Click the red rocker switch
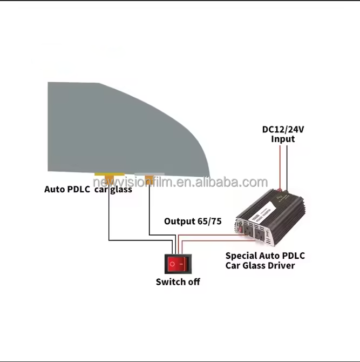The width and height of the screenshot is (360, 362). click(x=179, y=264)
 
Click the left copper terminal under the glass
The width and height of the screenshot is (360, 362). click(x=108, y=177)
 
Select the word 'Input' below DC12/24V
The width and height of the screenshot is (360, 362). click(x=282, y=139)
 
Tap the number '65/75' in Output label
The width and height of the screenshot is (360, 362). click(x=210, y=221)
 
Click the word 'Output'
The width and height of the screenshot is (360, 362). click(x=180, y=221)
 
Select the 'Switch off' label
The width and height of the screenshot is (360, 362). click(x=178, y=282)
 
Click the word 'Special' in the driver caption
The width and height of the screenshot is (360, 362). click(x=243, y=256)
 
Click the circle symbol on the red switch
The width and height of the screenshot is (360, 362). click(x=172, y=264)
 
